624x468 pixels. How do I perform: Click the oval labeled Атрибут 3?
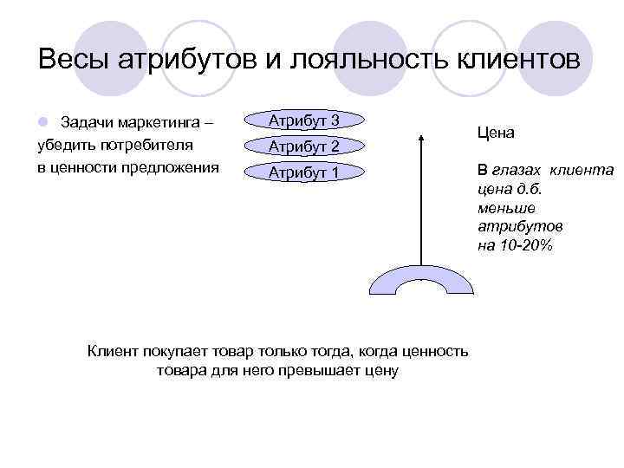click(303, 120)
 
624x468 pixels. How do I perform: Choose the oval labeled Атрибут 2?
click(303, 146)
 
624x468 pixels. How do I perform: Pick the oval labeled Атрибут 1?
click(303, 172)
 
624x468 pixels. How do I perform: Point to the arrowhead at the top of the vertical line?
click(421, 137)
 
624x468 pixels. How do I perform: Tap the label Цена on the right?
click(496, 133)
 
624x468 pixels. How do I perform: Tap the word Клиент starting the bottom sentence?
click(113, 350)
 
